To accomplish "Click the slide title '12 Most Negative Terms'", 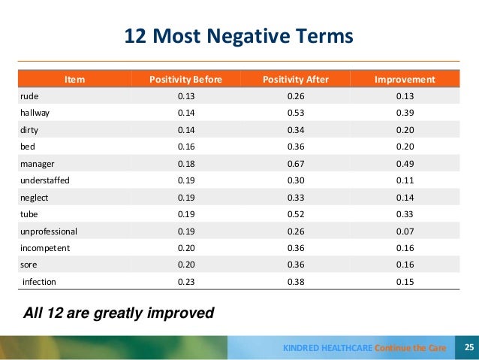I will pyautogui.click(x=238, y=35).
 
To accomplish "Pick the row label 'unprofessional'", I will pyautogui.click(x=48, y=231).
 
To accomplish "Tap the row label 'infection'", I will pyautogui.click(x=39, y=282).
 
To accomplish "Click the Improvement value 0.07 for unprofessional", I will pyautogui.click(x=404, y=231).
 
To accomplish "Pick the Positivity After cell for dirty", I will pyautogui.click(x=295, y=129).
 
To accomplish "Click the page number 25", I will pyautogui.click(x=468, y=347).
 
